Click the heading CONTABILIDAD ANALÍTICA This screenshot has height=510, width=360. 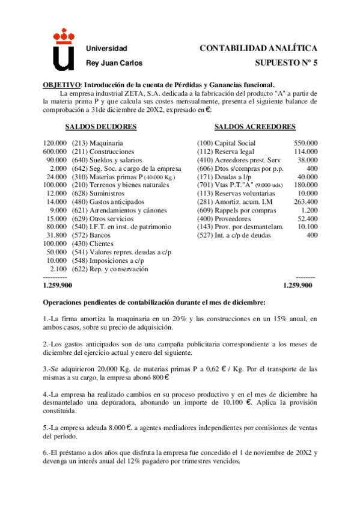point(258,48)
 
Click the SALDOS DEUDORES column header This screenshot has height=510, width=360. point(100,127)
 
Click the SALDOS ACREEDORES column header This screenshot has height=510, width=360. point(255,127)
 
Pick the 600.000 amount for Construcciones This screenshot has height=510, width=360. point(55,152)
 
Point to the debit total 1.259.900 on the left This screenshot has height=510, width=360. point(58,285)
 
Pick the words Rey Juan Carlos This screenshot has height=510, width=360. point(115,63)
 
